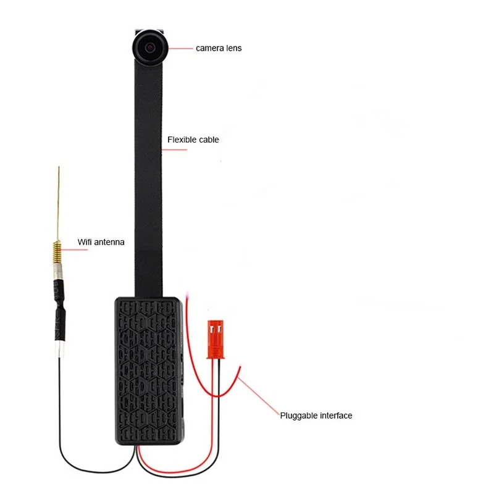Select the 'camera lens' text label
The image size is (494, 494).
pos(219,48)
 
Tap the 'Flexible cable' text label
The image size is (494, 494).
pos(193,140)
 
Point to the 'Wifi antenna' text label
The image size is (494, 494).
pos(101,242)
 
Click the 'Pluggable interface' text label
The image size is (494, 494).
pos(316,416)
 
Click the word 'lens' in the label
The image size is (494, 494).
pos(234,48)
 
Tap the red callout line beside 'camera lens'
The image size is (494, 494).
pos(181,48)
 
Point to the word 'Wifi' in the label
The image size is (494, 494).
pos(85,242)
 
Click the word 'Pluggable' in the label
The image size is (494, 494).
pos(298,416)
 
